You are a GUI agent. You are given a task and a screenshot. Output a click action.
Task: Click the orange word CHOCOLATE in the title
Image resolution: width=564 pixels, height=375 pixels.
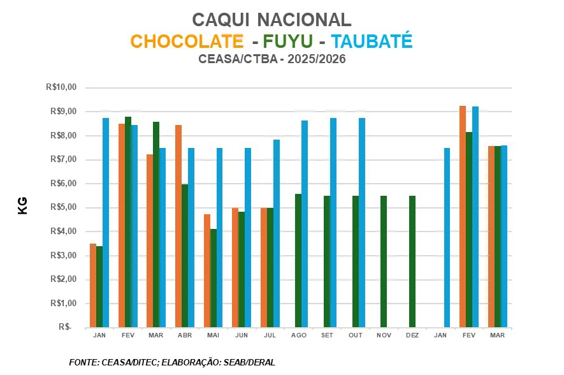coord(187,41)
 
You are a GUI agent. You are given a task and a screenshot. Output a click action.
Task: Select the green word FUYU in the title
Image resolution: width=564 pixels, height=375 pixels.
coord(286,41)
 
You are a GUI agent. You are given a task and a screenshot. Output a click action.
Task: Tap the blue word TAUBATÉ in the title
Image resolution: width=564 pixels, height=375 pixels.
coord(372,41)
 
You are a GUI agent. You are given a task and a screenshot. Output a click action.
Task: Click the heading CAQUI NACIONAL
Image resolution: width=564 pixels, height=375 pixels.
coord(271,20)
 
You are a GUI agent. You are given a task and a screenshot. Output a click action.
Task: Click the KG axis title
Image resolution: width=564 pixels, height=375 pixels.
coord(23,205)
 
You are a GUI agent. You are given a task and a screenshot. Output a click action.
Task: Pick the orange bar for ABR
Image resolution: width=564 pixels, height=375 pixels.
coord(178,226)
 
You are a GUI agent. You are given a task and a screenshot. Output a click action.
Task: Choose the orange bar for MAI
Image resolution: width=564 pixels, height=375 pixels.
coord(207,270)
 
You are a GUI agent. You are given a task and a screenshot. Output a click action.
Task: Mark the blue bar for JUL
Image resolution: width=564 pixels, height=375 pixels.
coord(276,233)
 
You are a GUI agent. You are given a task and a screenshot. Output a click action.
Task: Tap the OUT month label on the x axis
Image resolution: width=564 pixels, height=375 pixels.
coord(355,335)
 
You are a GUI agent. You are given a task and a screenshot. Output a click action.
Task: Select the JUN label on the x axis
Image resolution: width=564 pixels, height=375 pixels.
coord(242,335)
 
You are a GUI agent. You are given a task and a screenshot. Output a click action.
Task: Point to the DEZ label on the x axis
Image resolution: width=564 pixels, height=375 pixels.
coord(412,335)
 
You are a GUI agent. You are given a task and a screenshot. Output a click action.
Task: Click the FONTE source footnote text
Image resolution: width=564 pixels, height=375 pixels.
coord(171,362)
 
